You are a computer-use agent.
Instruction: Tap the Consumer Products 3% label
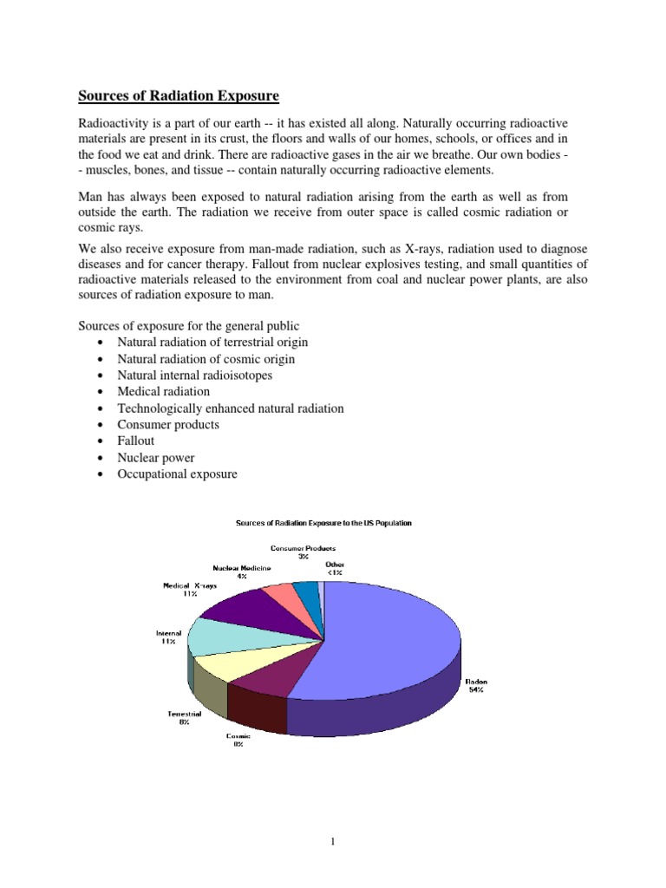[x=303, y=552]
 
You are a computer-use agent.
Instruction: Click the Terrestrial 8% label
[x=185, y=717]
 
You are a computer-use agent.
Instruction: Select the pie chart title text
[x=325, y=523]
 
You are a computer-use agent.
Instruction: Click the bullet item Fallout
[x=136, y=441]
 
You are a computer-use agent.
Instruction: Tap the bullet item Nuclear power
[x=156, y=458]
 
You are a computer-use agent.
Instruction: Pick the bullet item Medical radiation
[x=164, y=392]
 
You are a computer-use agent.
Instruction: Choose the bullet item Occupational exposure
[x=177, y=474]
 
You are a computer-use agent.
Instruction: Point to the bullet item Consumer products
[x=168, y=425]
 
